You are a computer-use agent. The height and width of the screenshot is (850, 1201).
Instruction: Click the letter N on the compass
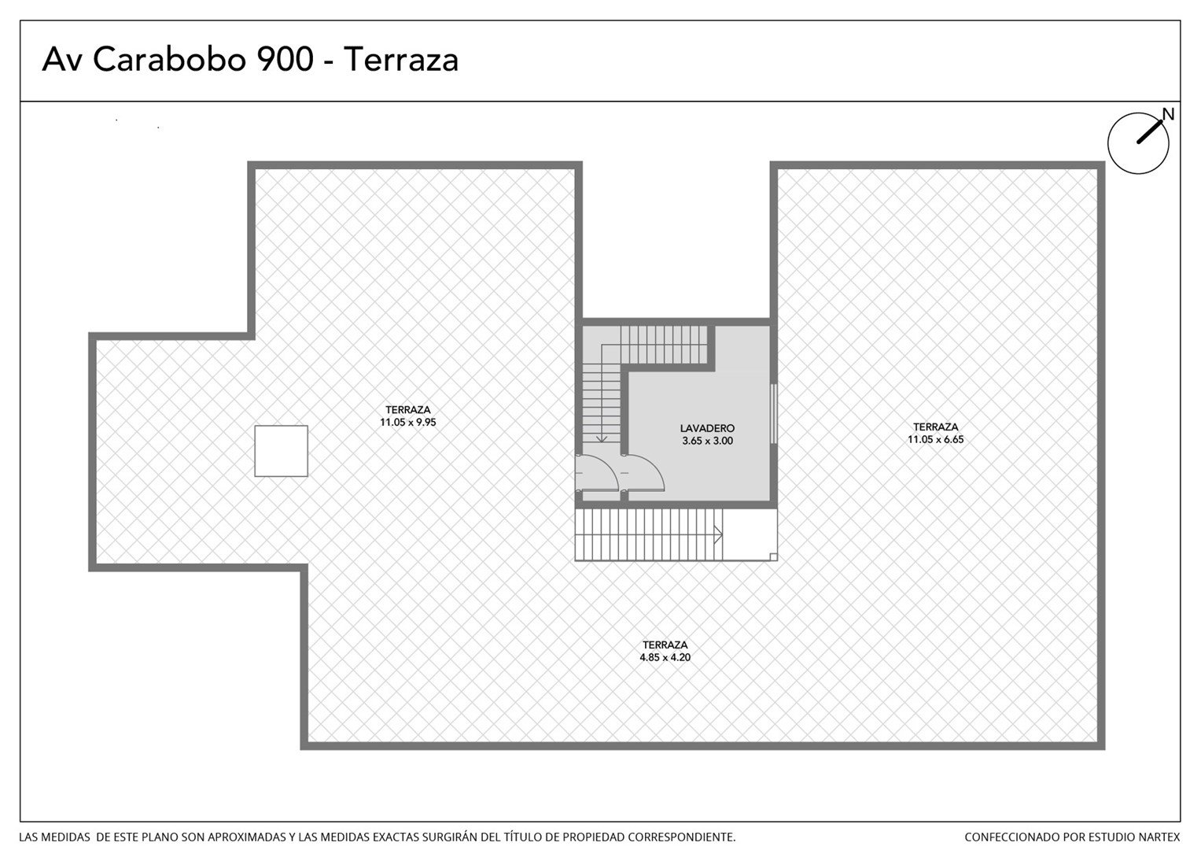tap(1168, 114)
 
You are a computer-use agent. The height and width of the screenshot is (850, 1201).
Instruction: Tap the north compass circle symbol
tap(1138, 143)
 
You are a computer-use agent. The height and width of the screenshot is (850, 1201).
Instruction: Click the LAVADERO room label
tap(707, 428)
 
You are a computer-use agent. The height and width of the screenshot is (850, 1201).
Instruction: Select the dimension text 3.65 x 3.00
tap(707, 441)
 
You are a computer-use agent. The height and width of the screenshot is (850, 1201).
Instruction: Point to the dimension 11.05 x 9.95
tap(408, 423)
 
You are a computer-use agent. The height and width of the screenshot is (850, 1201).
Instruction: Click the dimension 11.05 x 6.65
tap(936, 439)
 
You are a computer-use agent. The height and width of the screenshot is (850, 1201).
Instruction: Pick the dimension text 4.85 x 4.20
tap(665, 657)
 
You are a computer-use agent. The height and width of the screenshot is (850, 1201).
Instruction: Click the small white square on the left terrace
tap(281, 451)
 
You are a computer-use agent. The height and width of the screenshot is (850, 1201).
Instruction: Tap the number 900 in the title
tap(285, 59)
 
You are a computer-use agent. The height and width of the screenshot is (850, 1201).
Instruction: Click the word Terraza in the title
tap(401, 59)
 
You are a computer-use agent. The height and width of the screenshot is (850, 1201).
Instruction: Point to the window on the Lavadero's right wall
tap(774, 413)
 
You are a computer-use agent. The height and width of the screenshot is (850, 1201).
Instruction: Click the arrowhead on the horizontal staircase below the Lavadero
tap(718, 534)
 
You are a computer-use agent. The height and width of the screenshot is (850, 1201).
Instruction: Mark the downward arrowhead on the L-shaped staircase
tap(602, 438)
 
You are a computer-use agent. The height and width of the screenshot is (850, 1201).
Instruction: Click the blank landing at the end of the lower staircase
tap(750, 534)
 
